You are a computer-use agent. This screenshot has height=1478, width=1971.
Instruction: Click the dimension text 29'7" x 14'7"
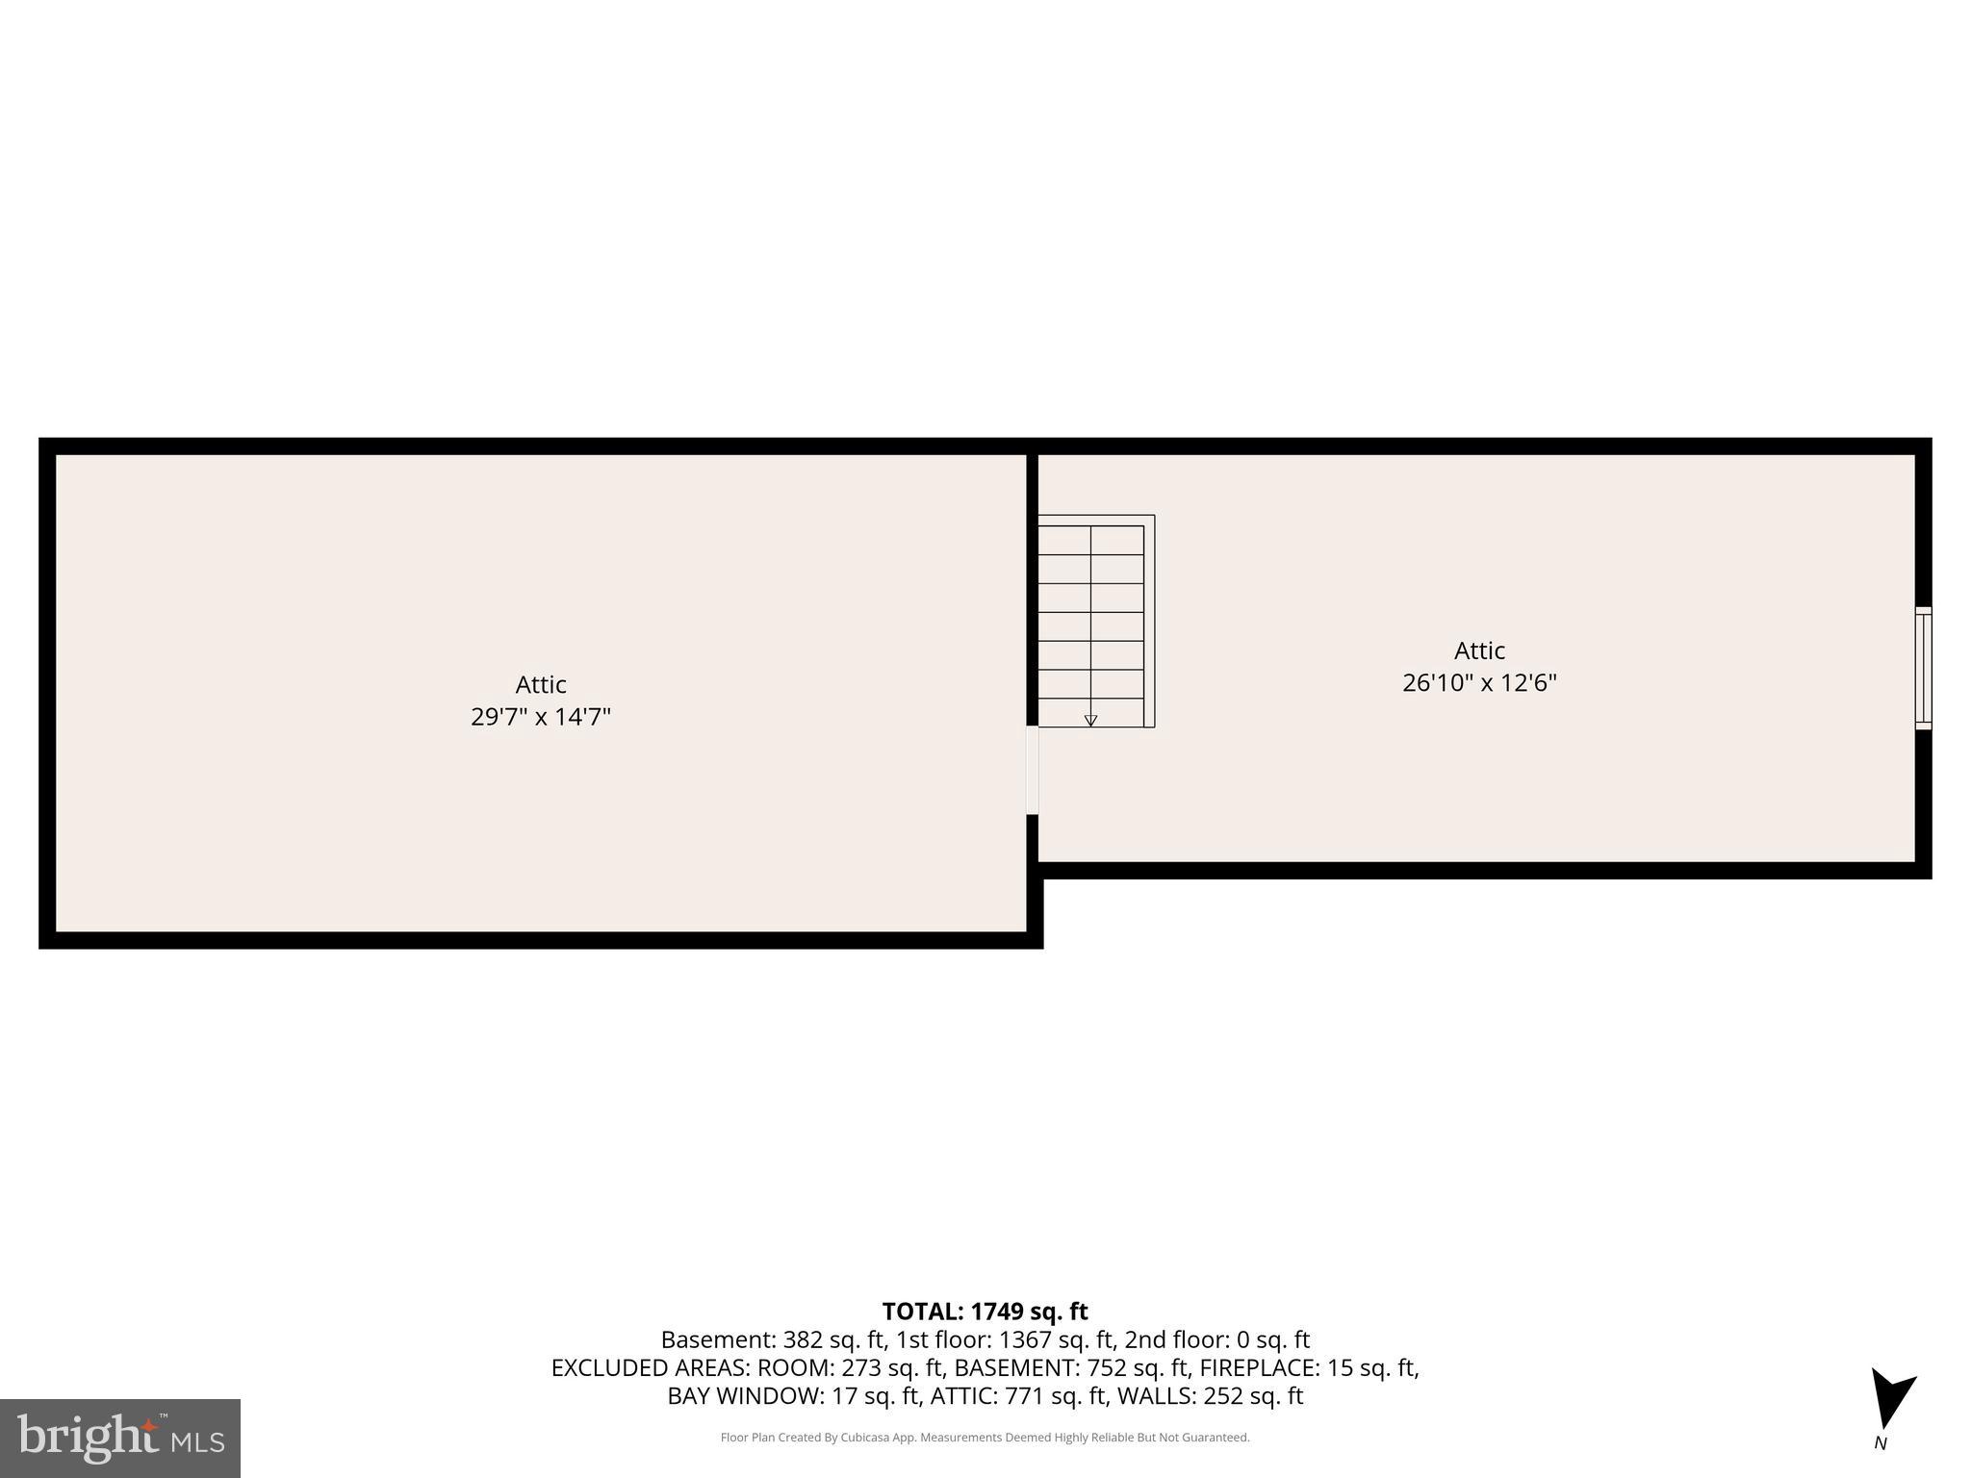pos(541,717)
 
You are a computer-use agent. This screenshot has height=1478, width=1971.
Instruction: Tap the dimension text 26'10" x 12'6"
pos(1479,683)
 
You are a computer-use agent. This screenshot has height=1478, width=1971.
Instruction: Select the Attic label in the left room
pos(541,684)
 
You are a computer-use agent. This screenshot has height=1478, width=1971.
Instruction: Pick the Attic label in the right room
pos(1479,650)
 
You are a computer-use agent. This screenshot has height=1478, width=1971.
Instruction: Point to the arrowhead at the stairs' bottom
pos(1090,721)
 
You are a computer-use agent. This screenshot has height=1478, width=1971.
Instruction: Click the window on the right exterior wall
pos(1923,668)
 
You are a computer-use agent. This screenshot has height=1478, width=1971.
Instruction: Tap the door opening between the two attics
pos(1032,770)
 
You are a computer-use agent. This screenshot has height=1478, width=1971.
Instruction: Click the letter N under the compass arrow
pos(1880,1443)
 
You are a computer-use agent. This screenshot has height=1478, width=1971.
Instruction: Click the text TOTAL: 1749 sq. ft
pos(985,1312)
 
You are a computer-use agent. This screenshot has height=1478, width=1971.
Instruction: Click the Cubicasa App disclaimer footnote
pos(985,1438)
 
